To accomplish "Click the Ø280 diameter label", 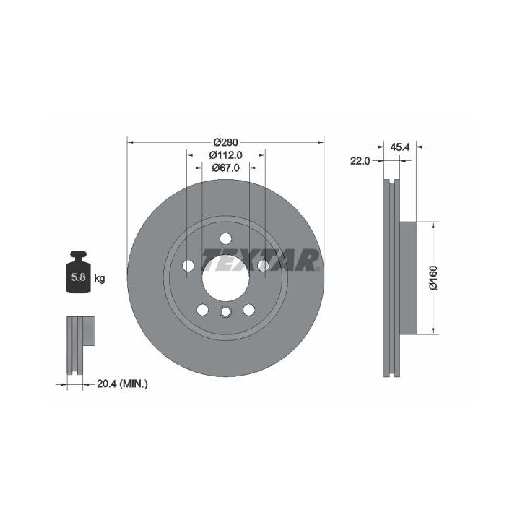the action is pos(225,142).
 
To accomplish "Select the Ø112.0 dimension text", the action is pos(225,155).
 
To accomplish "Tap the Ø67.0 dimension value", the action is pos(225,168).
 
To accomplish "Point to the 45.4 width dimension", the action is pos(400,147).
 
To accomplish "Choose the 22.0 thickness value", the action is pos(360,161).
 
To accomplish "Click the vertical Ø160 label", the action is pos(433,278).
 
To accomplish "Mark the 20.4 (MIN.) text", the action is pos(122,384).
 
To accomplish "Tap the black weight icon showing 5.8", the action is pos(78,272).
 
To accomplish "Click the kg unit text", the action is pos(100,278).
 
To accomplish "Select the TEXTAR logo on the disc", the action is pos(261,260).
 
